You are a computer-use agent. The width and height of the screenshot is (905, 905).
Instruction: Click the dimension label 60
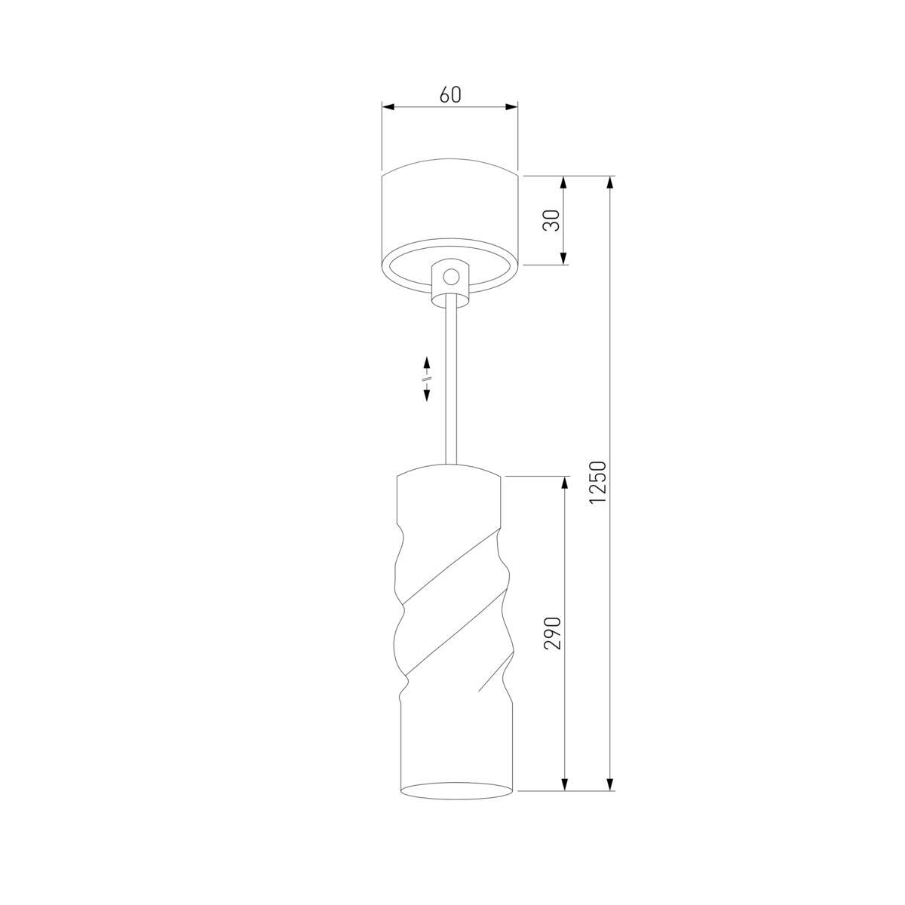(450, 94)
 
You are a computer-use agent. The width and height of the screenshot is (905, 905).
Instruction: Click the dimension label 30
(552, 220)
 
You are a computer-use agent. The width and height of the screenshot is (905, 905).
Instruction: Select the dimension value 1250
(598, 483)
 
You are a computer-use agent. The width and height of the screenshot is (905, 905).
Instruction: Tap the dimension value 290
(553, 633)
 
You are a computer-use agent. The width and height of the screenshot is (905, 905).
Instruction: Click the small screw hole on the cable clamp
(450, 276)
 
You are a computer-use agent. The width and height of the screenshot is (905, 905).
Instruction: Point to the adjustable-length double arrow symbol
(426, 379)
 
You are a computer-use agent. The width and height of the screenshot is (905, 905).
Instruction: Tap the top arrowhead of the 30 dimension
(563, 182)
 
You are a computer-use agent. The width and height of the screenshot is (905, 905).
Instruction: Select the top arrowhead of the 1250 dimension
(609, 182)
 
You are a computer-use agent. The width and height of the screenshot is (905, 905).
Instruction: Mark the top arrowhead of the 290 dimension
(563, 482)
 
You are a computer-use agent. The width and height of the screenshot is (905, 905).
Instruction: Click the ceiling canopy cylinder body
(450, 211)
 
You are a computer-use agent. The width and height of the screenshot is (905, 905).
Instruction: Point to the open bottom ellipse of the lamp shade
(455, 791)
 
